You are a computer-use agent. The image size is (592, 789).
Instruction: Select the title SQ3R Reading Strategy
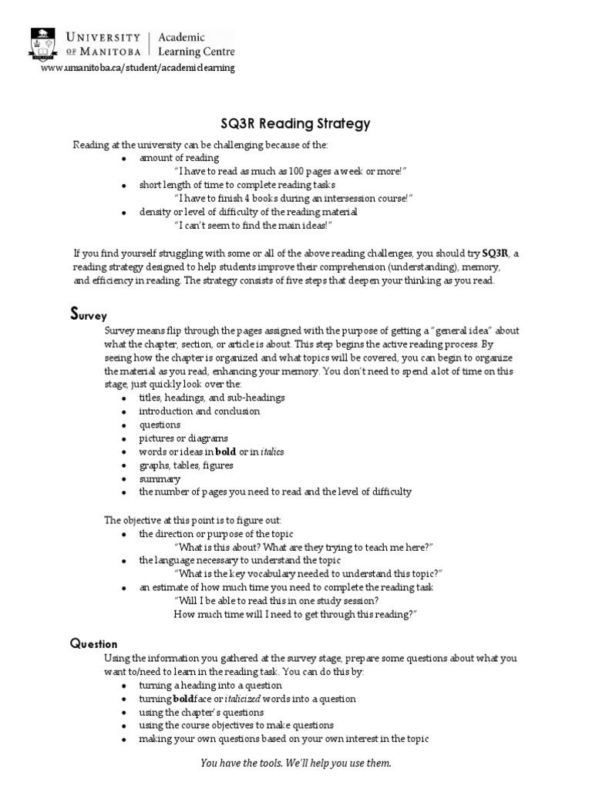click(x=295, y=123)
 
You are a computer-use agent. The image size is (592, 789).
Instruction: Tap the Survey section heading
click(x=84, y=314)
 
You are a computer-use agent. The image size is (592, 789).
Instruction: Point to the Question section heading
click(x=93, y=644)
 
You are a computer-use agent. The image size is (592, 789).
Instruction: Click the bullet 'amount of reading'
click(x=169, y=158)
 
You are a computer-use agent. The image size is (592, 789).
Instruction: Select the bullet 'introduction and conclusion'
click(x=200, y=411)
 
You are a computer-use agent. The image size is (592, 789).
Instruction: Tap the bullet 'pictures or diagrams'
click(x=183, y=438)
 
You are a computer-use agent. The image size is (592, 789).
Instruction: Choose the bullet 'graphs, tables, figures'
click(x=186, y=465)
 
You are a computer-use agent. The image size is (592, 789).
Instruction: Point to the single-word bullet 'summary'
click(x=160, y=478)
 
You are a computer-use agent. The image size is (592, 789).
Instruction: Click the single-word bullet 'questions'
click(x=160, y=425)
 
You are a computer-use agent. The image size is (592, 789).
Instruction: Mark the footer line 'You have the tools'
click(x=296, y=763)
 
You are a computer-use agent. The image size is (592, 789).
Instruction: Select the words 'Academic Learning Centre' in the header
click(x=196, y=44)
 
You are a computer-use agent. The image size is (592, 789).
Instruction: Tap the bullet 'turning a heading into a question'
click(x=210, y=685)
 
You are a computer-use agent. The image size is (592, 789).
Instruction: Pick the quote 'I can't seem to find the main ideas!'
click(x=256, y=225)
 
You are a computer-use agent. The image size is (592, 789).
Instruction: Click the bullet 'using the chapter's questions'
click(x=201, y=712)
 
